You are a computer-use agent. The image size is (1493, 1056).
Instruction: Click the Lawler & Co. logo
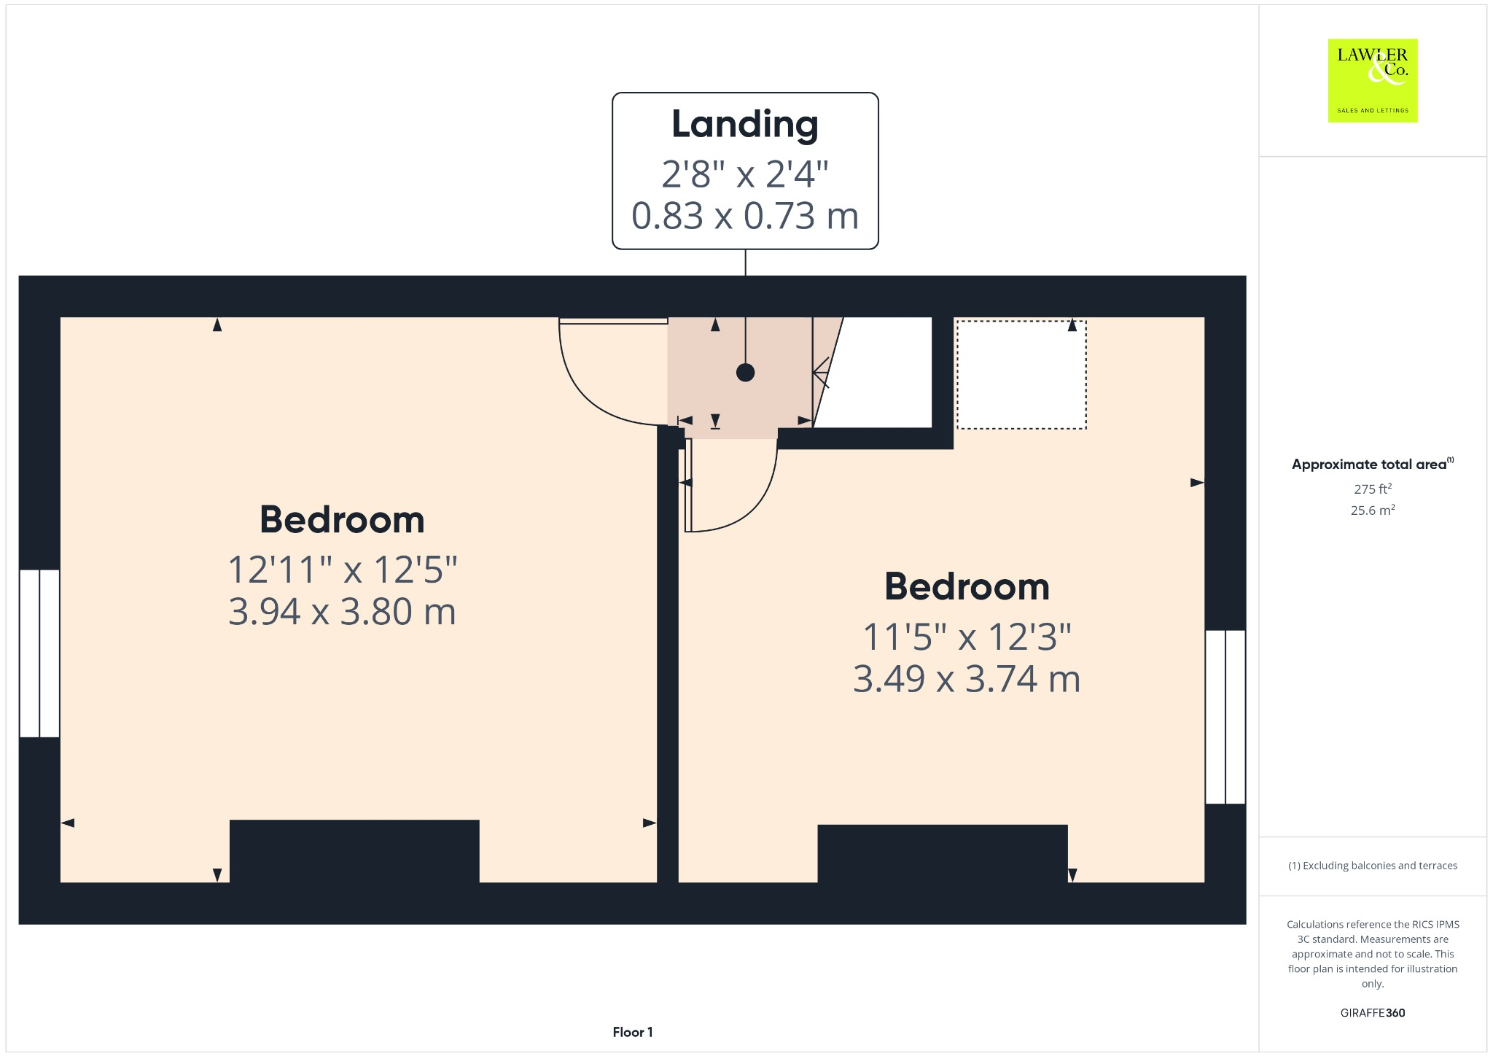1372,80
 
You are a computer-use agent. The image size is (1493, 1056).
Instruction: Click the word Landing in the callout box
744,125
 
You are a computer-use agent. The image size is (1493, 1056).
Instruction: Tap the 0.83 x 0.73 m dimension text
744,216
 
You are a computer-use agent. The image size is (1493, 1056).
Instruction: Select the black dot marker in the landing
745,373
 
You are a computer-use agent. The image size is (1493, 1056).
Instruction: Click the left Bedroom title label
342,520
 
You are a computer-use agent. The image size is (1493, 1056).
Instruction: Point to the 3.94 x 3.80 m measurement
342,611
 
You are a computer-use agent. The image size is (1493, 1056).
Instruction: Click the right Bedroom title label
967,587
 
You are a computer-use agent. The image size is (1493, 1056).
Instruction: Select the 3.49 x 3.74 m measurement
967,679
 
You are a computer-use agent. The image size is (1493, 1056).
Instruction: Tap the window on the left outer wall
39,653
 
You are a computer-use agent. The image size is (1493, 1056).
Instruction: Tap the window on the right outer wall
1225,717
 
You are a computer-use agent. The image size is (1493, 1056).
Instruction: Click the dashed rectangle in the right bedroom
1021,375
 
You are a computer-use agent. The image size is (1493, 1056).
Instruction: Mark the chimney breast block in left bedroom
354,850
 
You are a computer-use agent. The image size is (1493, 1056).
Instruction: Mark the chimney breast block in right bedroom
942,853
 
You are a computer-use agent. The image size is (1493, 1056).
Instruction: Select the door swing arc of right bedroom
758,503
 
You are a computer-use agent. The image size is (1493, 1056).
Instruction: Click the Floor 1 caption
633,1032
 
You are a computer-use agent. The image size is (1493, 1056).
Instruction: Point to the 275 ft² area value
1372,489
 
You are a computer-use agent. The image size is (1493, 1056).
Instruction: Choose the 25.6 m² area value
1372,510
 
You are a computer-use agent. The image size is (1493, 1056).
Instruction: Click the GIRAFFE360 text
1372,1013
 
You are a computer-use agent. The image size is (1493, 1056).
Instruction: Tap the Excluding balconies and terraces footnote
1372,866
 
